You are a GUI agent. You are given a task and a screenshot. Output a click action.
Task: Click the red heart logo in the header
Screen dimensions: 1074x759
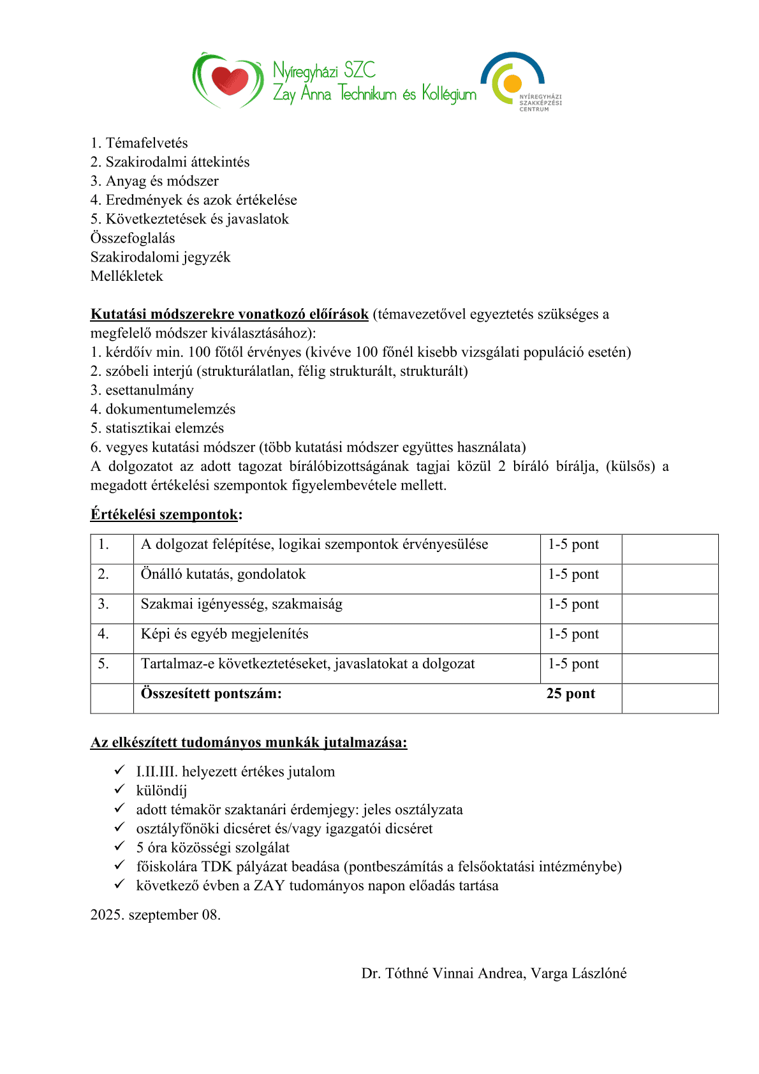(x=228, y=80)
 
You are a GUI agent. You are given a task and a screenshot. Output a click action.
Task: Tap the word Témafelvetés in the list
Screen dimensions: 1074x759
(x=147, y=143)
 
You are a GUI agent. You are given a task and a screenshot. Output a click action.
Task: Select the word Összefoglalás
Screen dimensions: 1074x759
(x=133, y=238)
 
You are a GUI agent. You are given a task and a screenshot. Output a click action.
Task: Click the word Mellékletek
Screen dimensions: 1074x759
(x=127, y=276)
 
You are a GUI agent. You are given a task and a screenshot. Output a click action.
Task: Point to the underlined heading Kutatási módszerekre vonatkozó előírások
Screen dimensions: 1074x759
(x=230, y=314)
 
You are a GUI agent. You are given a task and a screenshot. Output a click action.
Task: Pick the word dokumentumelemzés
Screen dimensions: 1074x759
(x=170, y=409)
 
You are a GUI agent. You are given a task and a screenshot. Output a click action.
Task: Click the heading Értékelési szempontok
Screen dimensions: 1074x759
(x=165, y=514)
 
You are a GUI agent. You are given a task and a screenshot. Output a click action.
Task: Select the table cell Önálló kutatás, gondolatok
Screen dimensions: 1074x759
(x=223, y=574)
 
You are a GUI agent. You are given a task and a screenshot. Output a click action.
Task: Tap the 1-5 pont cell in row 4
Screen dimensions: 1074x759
(x=573, y=634)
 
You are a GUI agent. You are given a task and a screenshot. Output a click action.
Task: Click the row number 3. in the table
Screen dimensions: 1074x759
(x=103, y=604)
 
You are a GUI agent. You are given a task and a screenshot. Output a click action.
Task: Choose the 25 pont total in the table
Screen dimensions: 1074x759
(x=571, y=694)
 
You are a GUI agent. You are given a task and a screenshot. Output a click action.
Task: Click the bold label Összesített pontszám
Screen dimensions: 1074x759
(x=211, y=694)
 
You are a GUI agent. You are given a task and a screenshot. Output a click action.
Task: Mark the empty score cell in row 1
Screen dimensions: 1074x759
(x=670, y=549)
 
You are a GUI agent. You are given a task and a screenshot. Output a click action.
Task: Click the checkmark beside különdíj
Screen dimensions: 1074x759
(x=119, y=790)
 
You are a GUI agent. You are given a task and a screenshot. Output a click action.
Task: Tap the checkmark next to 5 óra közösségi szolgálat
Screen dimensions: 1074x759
(x=119, y=847)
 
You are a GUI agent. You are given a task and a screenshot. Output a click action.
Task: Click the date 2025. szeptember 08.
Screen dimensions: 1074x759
(x=156, y=915)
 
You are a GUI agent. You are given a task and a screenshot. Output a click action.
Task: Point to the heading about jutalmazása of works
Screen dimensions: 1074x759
(x=249, y=742)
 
